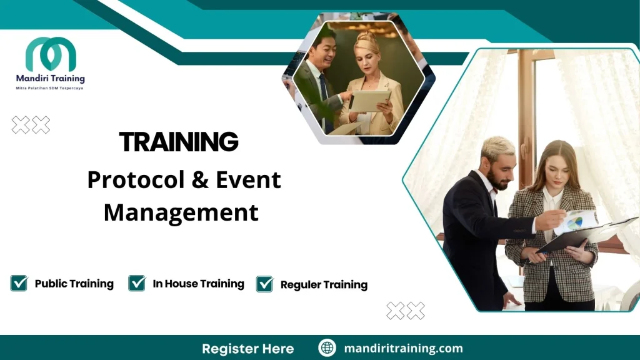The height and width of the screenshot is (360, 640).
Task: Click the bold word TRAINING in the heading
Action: (x=179, y=142)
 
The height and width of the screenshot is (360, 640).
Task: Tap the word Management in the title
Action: (x=181, y=212)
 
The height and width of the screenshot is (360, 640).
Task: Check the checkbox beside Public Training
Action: (x=19, y=283)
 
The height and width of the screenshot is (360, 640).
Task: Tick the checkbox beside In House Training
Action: (x=137, y=283)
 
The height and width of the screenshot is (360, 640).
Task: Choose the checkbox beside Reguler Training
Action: (x=265, y=284)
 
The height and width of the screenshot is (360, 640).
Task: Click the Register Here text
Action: (x=247, y=348)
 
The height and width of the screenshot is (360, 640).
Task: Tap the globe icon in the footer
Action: (x=327, y=348)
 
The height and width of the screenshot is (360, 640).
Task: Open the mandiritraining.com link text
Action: (x=403, y=348)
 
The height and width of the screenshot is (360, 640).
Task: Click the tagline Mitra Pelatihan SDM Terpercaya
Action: (x=50, y=88)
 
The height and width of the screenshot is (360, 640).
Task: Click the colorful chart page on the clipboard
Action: (x=577, y=221)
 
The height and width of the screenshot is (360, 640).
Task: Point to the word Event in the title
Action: (x=248, y=180)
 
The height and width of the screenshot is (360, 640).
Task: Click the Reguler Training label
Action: (x=324, y=285)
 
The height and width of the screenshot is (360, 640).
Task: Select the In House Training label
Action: (x=198, y=284)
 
